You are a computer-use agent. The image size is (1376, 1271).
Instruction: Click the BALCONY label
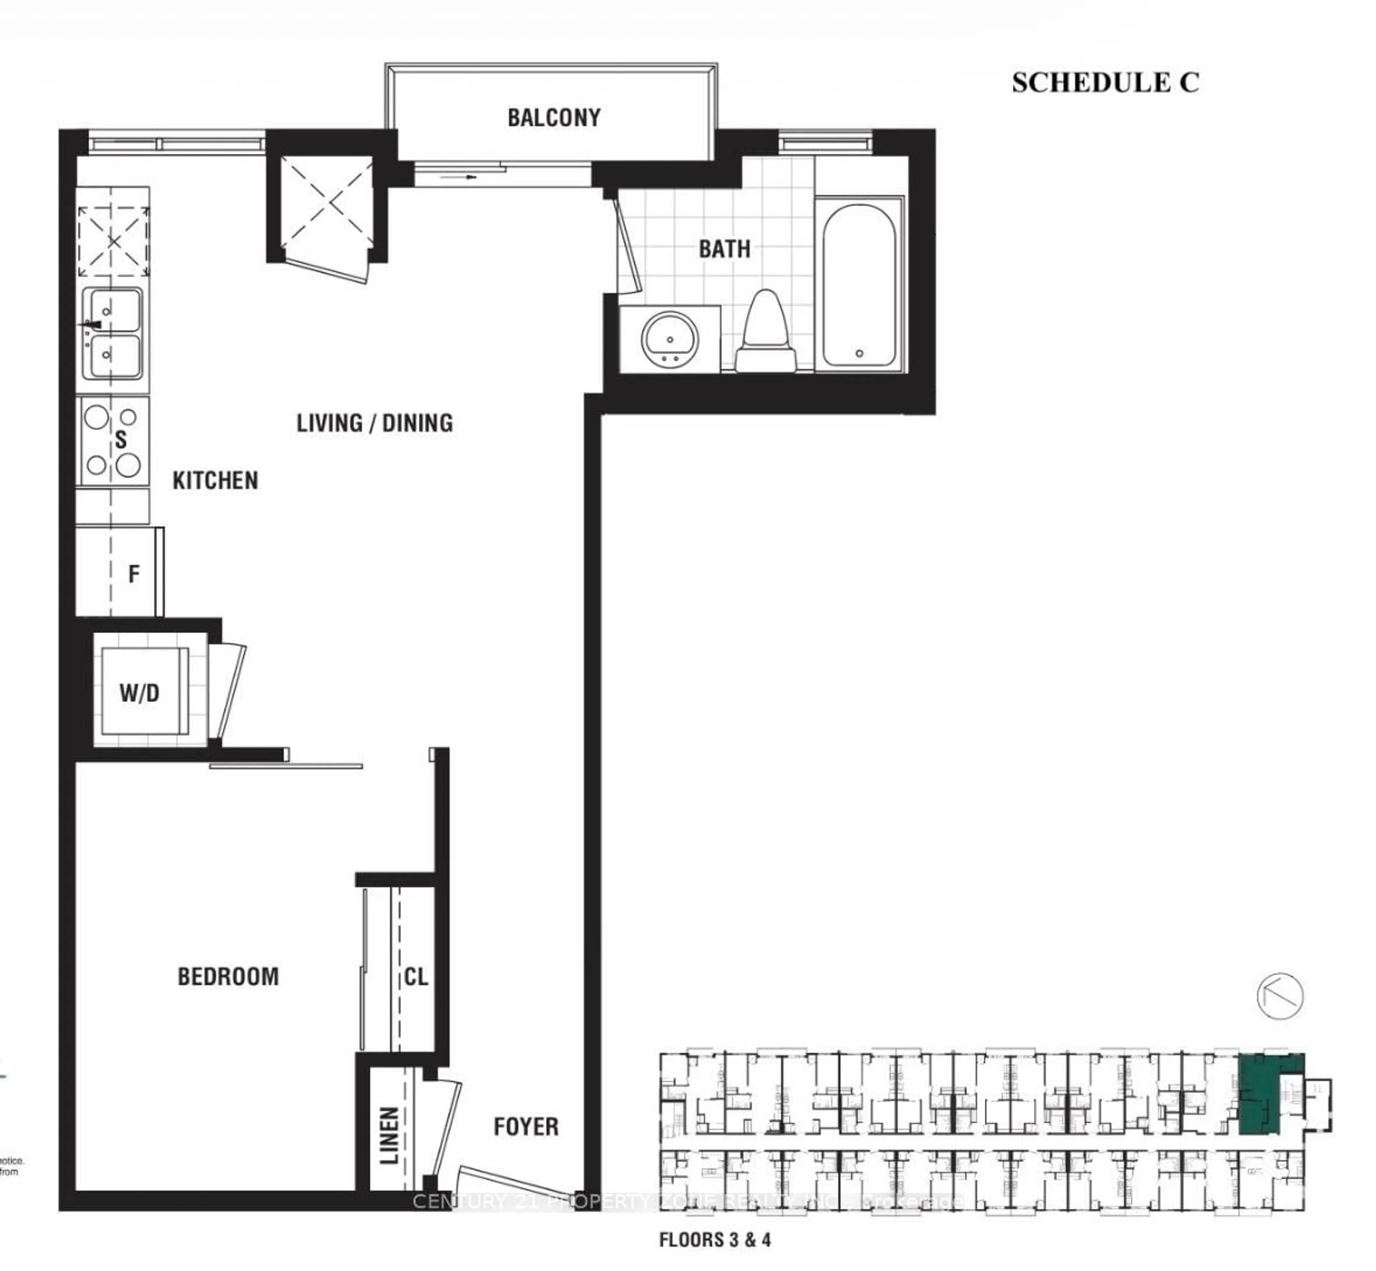(x=554, y=118)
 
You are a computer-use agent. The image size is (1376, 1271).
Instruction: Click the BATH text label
(x=724, y=249)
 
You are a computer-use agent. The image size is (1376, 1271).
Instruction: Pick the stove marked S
(x=113, y=441)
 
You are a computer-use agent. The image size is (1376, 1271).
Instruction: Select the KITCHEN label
(x=215, y=480)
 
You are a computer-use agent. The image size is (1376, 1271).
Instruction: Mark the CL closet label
(x=415, y=977)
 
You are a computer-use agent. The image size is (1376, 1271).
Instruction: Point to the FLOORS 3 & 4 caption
(x=715, y=1239)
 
